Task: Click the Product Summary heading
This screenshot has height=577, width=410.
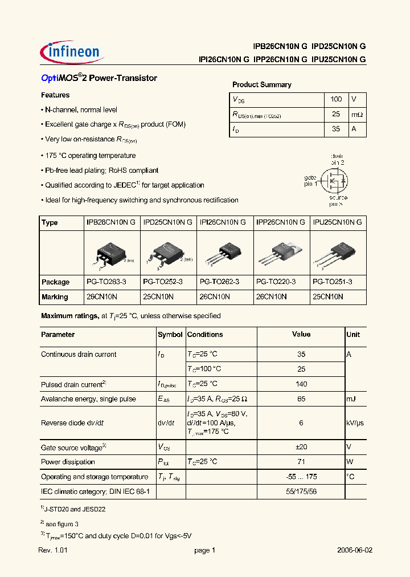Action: point(261,85)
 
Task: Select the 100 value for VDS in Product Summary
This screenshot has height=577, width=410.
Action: point(336,99)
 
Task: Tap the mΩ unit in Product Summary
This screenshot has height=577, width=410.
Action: point(356,115)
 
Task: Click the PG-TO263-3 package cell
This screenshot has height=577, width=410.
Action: point(105,282)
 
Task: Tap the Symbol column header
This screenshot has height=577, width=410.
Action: point(170,335)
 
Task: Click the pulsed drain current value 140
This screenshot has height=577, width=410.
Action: point(301,384)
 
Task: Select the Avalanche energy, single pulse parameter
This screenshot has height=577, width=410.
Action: point(88,399)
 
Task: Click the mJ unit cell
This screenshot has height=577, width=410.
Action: point(352,399)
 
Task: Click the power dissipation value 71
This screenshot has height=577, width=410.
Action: point(301,462)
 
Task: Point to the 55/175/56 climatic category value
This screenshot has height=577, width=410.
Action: point(301,491)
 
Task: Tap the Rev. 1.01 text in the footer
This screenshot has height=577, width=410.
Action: point(54,551)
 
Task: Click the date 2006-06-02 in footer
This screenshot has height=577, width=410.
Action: point(355,551)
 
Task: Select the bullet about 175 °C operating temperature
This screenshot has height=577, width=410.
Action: point(90,156)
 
